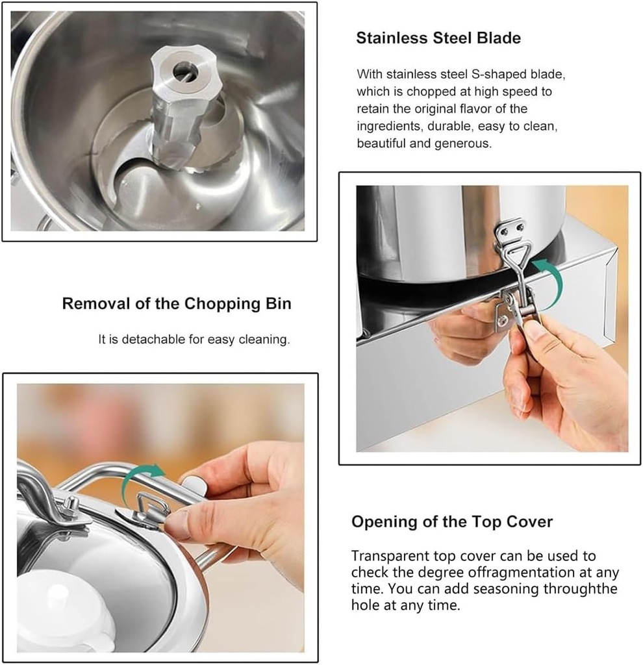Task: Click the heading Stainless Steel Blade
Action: click(x=438, y=38)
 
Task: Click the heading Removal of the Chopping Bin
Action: click(x=177, y=303)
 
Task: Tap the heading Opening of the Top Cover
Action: click(x=452, y=521)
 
